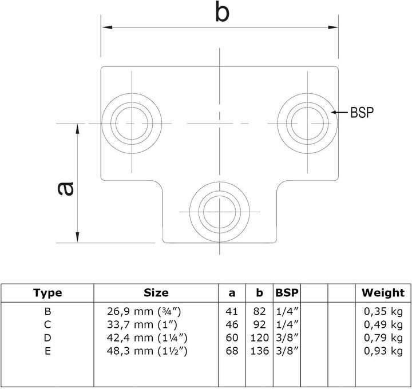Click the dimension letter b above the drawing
pos(222,11)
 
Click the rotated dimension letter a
pos(65,189)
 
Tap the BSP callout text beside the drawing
pos(362,113)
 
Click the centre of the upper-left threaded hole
pos(132,123)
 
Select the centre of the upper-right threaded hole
pos(307,123)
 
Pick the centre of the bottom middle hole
pos(220,212)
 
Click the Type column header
pos(47,293)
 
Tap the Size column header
pos(156,292)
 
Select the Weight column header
pos(383,293)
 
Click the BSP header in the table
pos(287,292)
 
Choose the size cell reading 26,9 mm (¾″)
pos(144,312)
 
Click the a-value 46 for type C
pos(232,325)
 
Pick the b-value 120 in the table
pos(260,338)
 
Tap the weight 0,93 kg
pos(383,351)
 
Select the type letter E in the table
pos(47,351)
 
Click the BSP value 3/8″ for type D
pos(287,338)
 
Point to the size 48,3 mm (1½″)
pos(147,351)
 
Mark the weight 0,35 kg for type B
pos(383,312)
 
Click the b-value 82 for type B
pos(260,312)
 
